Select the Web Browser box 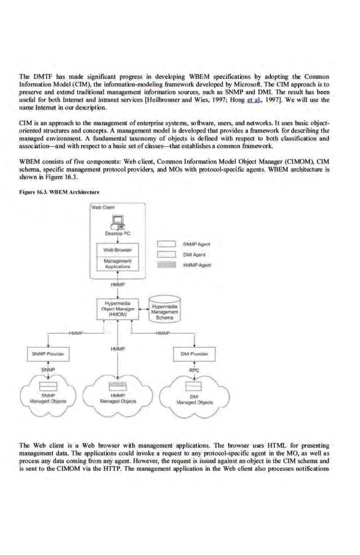tap(118, 249)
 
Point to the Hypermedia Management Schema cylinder tap(165, 309)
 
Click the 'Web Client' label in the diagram tap(102, 207)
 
